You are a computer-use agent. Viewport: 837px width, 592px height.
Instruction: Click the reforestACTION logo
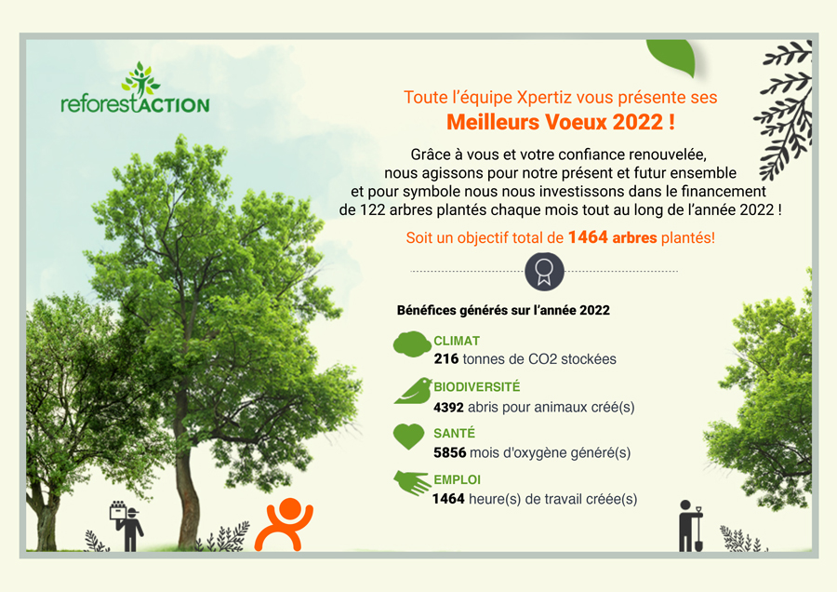click(x=135, y=88)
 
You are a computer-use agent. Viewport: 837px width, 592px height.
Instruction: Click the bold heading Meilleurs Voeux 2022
click(x=561, y=122)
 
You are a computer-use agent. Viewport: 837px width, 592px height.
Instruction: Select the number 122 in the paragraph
click(x=372, y=210)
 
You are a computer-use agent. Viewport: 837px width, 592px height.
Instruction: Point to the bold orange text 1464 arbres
click(x=612, y=237)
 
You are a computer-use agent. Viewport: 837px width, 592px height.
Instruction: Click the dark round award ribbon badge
click(x=544, y=272)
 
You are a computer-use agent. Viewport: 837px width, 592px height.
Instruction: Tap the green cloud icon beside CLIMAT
click(x=412, y=344)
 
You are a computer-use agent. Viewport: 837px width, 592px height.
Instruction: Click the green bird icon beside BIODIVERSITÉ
click(x=413, y=391)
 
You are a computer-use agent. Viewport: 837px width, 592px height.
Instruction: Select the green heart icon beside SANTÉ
click(x=408, y=437)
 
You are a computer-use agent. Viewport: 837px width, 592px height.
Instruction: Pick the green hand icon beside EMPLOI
click(x=412, y=482)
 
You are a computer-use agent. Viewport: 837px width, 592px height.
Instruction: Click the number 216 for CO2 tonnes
click(x=446, y=359)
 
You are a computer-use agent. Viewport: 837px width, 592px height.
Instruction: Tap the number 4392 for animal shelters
click(x=448, y=408)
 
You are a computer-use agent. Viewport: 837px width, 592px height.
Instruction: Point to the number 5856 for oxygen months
click(x=450, y=453)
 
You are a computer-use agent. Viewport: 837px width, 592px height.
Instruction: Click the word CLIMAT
click(x=457, y=341)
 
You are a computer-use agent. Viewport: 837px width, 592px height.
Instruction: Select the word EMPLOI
click(x=457, y=479)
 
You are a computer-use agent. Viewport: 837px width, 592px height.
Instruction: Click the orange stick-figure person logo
click(x=284, y=524)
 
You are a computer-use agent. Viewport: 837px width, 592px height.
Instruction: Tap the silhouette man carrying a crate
click(x=127, y=526)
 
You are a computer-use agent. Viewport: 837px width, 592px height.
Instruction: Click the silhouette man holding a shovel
click(x=691, y=526)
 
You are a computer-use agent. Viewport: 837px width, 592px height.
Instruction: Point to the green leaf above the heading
click(x=671, y=57)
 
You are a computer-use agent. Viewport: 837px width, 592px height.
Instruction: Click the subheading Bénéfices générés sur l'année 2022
click(x=503, y=310)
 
